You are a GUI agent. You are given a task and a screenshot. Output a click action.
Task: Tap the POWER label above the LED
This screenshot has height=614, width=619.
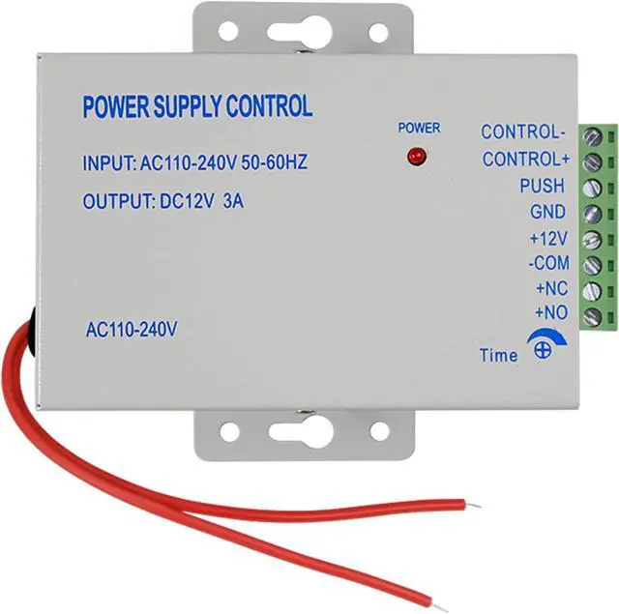coord(419,128)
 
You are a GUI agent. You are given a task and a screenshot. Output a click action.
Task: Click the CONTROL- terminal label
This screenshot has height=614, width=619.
coord(521,132)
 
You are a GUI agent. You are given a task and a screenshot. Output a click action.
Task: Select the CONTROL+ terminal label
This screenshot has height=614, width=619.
coord(525,159)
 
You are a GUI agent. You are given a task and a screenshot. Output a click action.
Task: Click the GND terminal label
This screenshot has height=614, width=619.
coord(547,211)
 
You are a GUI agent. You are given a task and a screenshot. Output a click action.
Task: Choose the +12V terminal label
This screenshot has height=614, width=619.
coord(547,237)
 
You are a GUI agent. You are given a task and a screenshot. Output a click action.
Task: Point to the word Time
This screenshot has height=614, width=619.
coord(498,356)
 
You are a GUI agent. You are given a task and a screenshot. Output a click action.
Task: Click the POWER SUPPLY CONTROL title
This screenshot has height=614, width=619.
coord(197,106)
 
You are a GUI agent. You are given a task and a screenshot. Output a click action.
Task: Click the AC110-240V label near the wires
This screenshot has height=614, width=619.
coord(131,330)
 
